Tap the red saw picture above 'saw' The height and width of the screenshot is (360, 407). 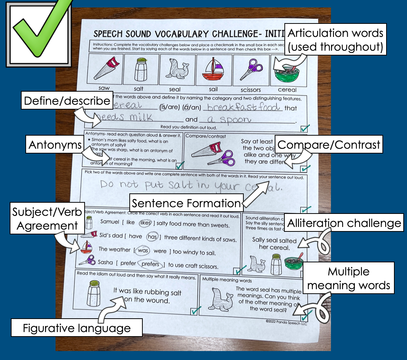point(104,69)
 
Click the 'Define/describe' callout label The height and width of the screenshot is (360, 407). point(67,101)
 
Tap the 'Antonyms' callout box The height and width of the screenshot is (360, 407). point(55,145)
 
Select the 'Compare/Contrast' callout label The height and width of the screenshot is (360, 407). point(329,145)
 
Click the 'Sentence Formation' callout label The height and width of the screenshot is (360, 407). point(186,203)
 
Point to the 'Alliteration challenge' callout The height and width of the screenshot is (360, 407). point(344,223)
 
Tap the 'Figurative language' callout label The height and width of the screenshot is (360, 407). point(77,328)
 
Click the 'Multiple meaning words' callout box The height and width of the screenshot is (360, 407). point(349,279)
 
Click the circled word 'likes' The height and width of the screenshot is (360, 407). point(145,223)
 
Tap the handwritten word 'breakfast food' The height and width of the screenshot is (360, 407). point(244,107)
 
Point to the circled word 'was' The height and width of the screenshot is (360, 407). point(143,250)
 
